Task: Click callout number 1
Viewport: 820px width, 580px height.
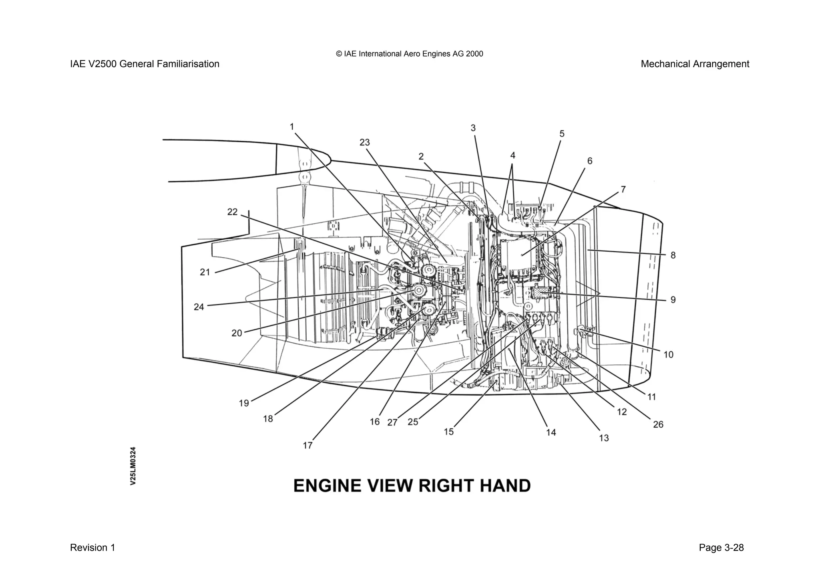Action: pos(292,127)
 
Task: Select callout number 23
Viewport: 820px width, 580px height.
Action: pos(364,142)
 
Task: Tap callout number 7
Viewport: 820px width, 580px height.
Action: pos(623,189)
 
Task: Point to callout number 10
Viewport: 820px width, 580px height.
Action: pos(668,354)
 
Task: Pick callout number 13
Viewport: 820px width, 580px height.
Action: pos(604,438)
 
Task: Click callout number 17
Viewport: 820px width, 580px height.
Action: pos(307,445)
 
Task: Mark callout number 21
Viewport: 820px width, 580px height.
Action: pos(205,272)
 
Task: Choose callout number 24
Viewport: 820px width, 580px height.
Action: pos(199,307)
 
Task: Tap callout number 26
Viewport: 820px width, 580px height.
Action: pos(658,424)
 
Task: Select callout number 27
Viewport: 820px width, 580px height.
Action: pos(392,422)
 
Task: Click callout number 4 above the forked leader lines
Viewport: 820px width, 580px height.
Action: pos(512,155)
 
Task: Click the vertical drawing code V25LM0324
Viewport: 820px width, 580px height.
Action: pos(133,466)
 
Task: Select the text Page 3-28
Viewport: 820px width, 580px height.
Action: pos(721,548)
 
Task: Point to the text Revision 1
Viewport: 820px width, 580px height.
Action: pos(92,548)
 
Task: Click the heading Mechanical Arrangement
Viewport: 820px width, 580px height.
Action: pos(695,64)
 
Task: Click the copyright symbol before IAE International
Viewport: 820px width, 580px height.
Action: pos(339,54)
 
